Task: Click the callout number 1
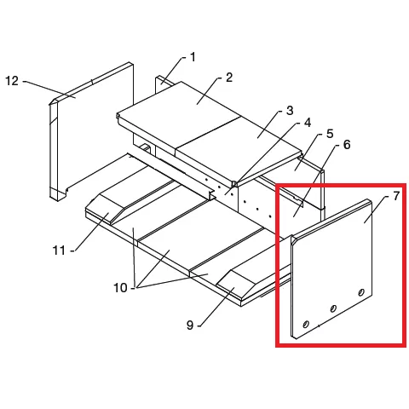pos(193,57)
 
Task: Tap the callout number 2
pos(229,78)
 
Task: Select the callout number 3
pos(290,111)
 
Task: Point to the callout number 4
pos(308,123)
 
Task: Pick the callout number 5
pos(330,134)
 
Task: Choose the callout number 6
pos(347,145)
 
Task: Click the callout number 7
pos(396,196)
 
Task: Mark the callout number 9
pos(190,325)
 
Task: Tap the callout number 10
pos(120,288)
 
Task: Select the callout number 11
pos(59,251)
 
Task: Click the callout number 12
pos(12,81)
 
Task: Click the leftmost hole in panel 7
pos(306,324)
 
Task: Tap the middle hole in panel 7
pos(333,308)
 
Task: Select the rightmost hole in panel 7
pos(361,292)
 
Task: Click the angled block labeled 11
pos(109,209)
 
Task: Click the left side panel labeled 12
pos(91,131)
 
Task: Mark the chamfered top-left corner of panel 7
pos(294,239)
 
